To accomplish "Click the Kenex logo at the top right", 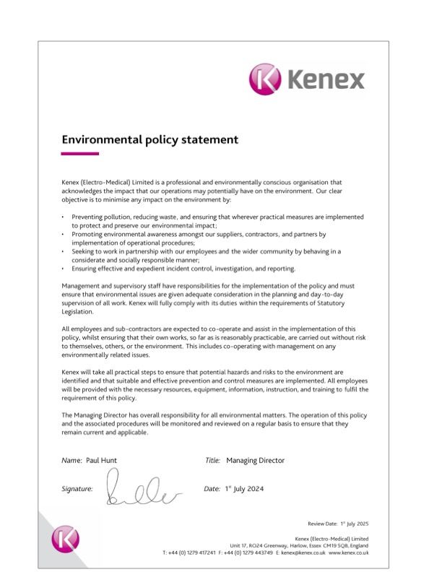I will (x=307, y=78).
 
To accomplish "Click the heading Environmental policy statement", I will (x=149, y=139).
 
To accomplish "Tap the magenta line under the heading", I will (x=79, y=154).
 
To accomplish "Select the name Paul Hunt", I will (x=100, y=460).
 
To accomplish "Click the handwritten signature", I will (x=141, y=487).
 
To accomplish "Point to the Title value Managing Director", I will (x=255, y=460).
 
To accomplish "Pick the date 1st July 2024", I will (x=243, y=489).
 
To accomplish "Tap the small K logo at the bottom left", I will (x=65, y=539).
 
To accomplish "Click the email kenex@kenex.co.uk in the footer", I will (x=303, y=552).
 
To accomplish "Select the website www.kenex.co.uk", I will (x=349, y=552).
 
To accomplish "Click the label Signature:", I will (x=77, y=489).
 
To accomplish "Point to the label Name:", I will (x=71, y=460).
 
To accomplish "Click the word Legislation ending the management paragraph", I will (x=77, y=312).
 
